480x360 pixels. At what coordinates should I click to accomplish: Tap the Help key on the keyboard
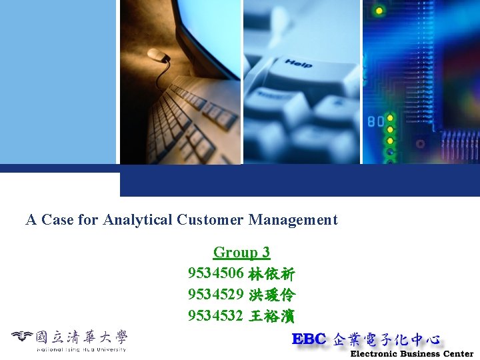pyautogui.click(x=299, y=64)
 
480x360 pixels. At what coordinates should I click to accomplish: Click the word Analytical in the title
pyautogui.click(x=138, y=219)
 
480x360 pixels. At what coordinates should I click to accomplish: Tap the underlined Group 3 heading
pyautogui.click(x=241, y=252)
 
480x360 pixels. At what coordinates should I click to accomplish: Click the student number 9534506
pyautogui.click(x=215, y=273)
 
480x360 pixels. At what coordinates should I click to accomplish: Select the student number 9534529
pyautogui.click(x=215, y=295)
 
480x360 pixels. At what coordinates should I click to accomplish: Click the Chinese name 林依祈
pyautogui.click(x=271, y=273)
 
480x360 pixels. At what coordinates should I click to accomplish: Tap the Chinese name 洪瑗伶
pyautogui.click(x=271, y=295)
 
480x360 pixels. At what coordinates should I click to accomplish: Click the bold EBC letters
pyautogui.click(x=309, y=339)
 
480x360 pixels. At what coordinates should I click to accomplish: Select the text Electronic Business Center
pyautogui.click(x=411, y=354)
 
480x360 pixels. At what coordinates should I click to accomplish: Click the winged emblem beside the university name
pyautogui.click(x=22, y=337)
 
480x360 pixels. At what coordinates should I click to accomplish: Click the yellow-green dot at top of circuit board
pyautogui.click(x=379, y=11)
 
